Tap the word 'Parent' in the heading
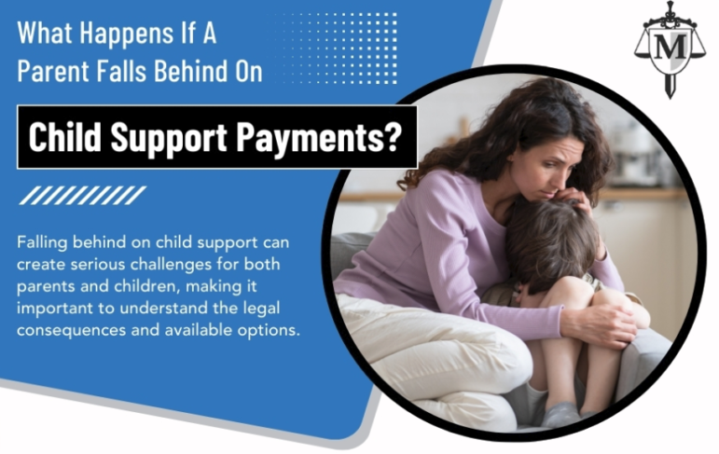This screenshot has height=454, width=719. click(x=53, y=71)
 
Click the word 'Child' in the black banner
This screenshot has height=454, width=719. click(x=64, y=136)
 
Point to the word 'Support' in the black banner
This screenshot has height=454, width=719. click(x=169, y=138)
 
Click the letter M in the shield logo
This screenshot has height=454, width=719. click(x=670, y=47)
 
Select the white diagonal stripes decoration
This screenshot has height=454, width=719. click(x=83, y=195)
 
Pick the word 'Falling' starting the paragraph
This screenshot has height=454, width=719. click(x=42, y=242)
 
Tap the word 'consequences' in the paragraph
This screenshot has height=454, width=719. click(x=71, y=331)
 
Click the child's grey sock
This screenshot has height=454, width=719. click(x=561, y=414)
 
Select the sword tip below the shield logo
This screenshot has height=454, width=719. click(x=671, y=96)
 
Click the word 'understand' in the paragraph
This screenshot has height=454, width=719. click(x=163, y=309)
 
